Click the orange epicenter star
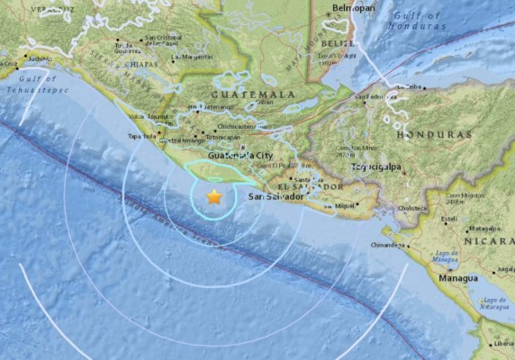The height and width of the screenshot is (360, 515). click(214, 196)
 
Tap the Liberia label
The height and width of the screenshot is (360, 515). click(501, 344)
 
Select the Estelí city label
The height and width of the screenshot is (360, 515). click(447, 219)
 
